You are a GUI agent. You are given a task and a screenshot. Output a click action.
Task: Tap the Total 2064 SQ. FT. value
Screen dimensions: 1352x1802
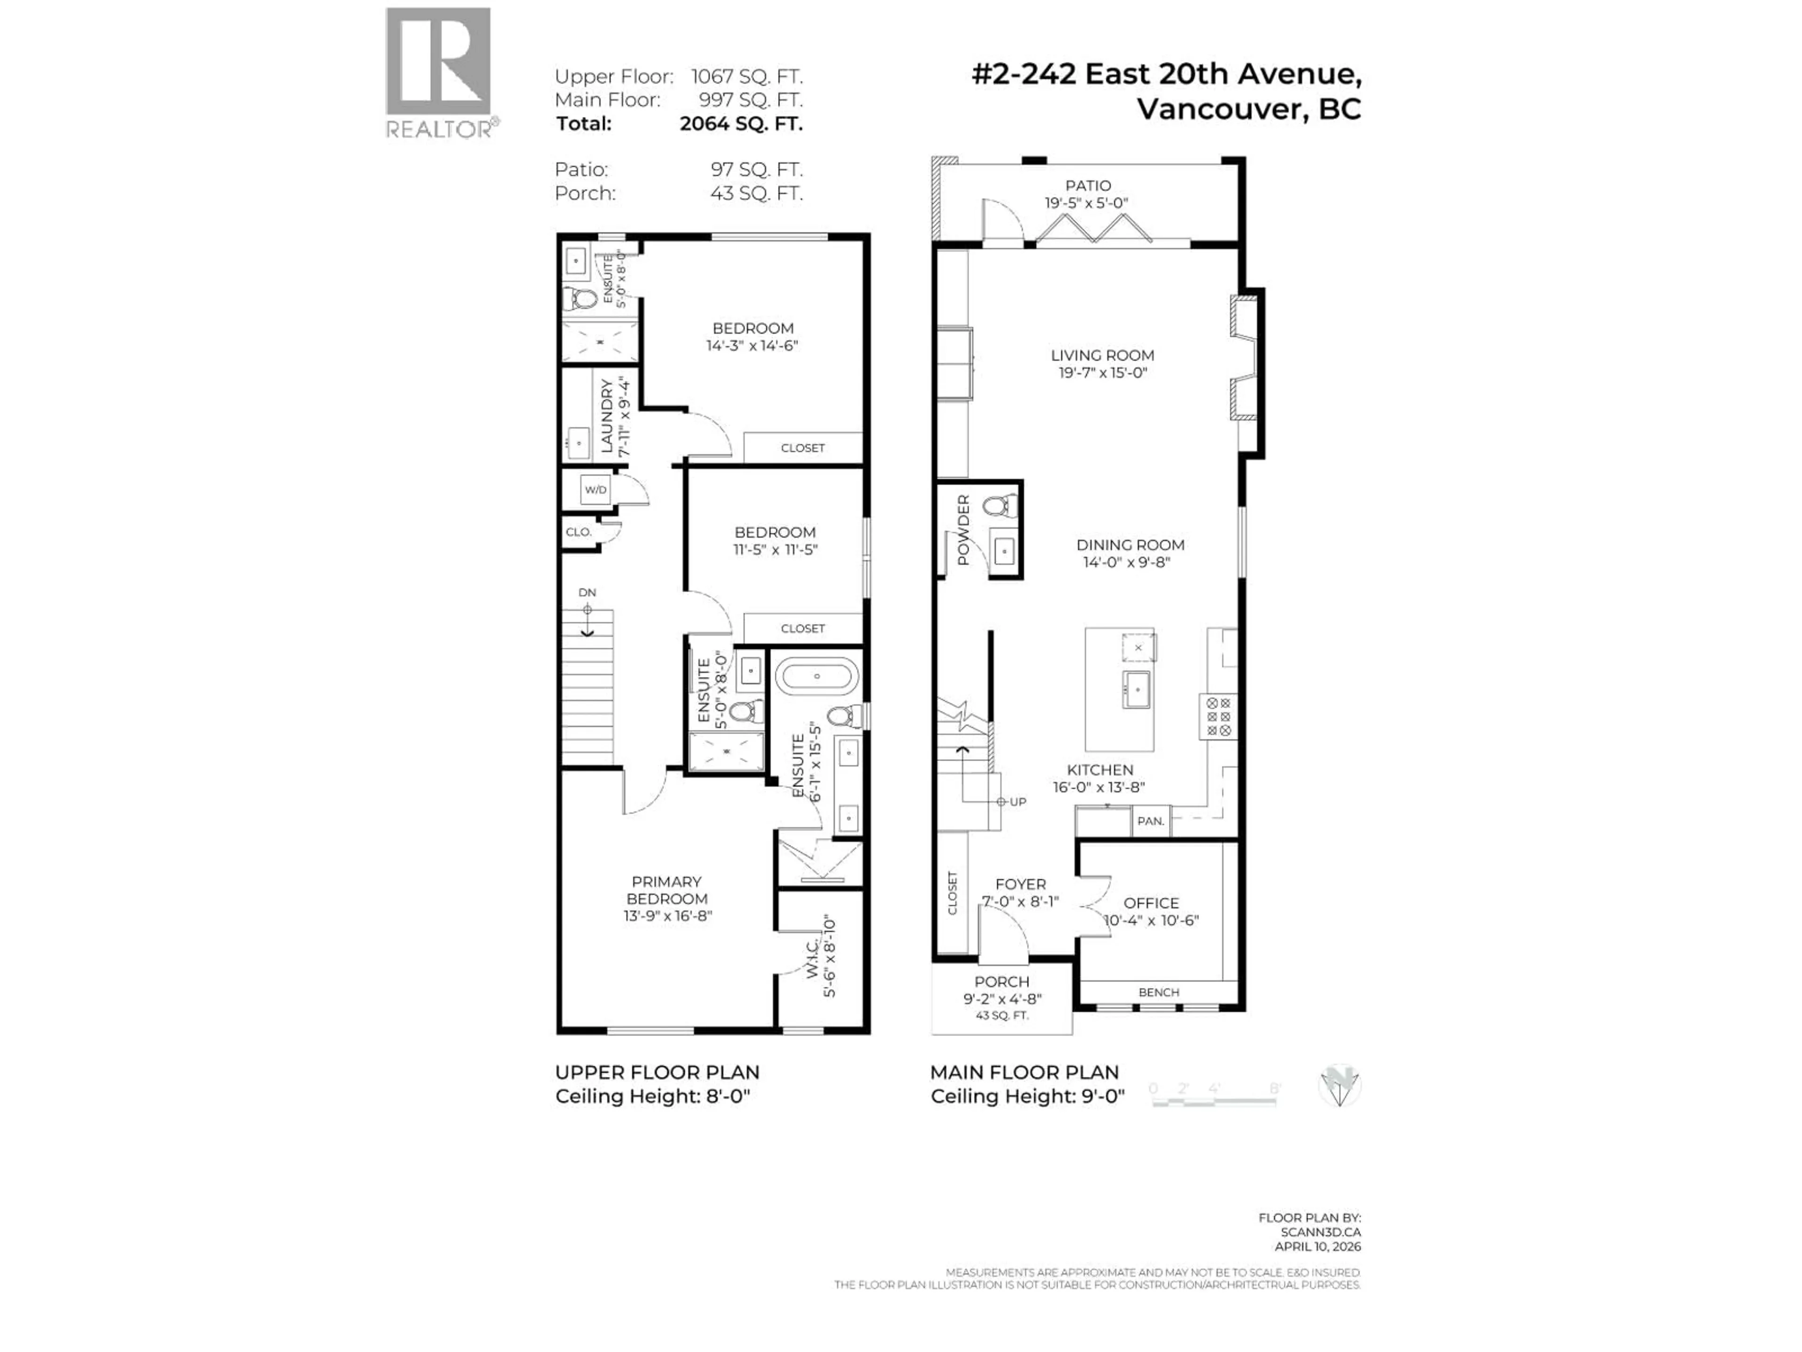pos(741,124)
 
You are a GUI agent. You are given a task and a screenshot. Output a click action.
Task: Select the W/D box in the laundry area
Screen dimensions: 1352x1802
pos(596,490)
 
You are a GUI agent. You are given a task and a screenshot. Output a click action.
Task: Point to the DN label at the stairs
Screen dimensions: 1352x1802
pos(587,592)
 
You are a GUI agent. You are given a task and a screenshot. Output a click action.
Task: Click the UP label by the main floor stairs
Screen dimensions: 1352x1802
pos(1017,802)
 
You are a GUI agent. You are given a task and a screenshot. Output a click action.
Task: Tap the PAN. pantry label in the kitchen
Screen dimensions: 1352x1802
pos(1150,822)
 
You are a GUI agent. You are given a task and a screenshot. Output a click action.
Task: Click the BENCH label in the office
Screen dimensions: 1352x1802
pos(1159,992)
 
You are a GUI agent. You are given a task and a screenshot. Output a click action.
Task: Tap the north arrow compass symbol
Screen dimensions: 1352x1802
pos(1339,1086)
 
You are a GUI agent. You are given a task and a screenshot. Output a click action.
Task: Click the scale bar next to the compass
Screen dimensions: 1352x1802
pos(1214,1100)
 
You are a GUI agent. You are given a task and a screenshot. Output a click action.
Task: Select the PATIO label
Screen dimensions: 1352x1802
pos(1088,186)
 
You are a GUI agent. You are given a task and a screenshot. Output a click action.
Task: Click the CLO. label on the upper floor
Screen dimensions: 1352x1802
pos(579,532)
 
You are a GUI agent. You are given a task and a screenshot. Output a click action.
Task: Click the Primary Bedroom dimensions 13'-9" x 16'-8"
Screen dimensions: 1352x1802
pos(667,916)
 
